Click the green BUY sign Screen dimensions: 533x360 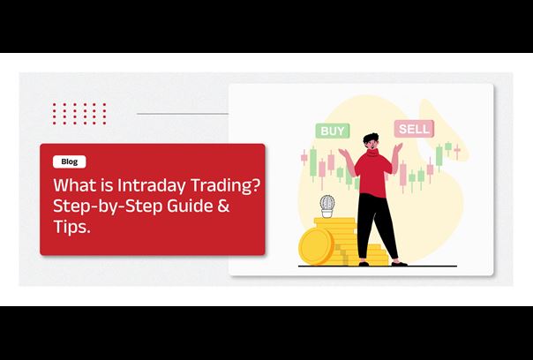tap(333, 131)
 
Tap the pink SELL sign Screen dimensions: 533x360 tap(414, 129)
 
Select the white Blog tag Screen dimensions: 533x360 tap(70, 161)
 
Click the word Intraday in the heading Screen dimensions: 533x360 tap(152, 185)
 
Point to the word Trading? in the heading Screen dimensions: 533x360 tap(226, 185)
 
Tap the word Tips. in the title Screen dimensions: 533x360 tap(71, 227)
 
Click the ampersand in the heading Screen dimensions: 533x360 tap(223, 206)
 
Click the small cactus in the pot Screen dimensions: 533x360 tap(327, 202)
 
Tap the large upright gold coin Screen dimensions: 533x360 tap(315, 246)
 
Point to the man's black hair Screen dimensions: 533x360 tap(370, 138)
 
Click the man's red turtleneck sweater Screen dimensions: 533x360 tap(373, 173)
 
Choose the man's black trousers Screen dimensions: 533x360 tap(376, 226)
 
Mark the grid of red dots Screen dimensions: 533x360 tap(79, 114)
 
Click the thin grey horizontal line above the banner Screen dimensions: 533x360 tap(183, 114)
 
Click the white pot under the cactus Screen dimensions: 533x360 tap(327, 214)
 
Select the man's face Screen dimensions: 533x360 tap(372, 144)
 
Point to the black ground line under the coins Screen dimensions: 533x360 tap(378, 266)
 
